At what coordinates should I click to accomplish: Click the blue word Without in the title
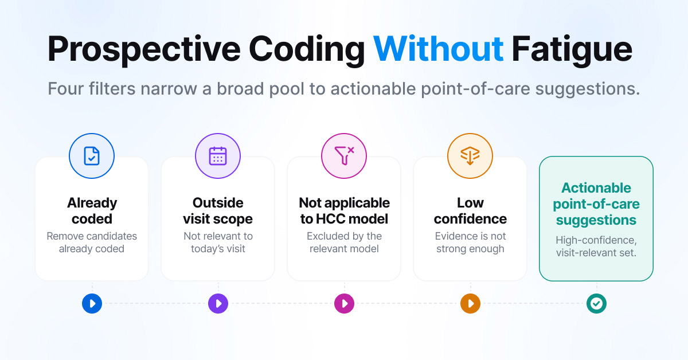point(438,49)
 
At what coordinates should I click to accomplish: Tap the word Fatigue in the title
point(572,51)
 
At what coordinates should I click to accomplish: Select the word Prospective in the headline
point(144,51)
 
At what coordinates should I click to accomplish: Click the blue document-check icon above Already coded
point(92,156)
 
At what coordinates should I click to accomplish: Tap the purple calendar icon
point(218,156)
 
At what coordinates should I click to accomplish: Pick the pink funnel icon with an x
point(345,156)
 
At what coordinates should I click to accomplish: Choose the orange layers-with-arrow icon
point(470,156)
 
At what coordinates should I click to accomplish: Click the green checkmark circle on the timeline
point(596,303)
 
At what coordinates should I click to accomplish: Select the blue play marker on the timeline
point(92,303)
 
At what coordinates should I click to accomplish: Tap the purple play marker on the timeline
point(218,303)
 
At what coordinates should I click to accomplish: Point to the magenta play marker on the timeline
point(344,303)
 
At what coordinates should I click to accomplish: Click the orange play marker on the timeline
point(470,303)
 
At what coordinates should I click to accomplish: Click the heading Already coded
point(92,211)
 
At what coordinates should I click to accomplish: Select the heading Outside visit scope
point(218,211)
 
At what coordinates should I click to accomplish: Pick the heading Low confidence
point(470,211)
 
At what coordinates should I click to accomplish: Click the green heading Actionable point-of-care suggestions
point(596,204)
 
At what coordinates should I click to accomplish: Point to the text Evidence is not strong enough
point(470,242)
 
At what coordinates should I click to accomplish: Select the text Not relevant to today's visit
point(218,242)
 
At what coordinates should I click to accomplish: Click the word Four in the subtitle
point(66,89)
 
